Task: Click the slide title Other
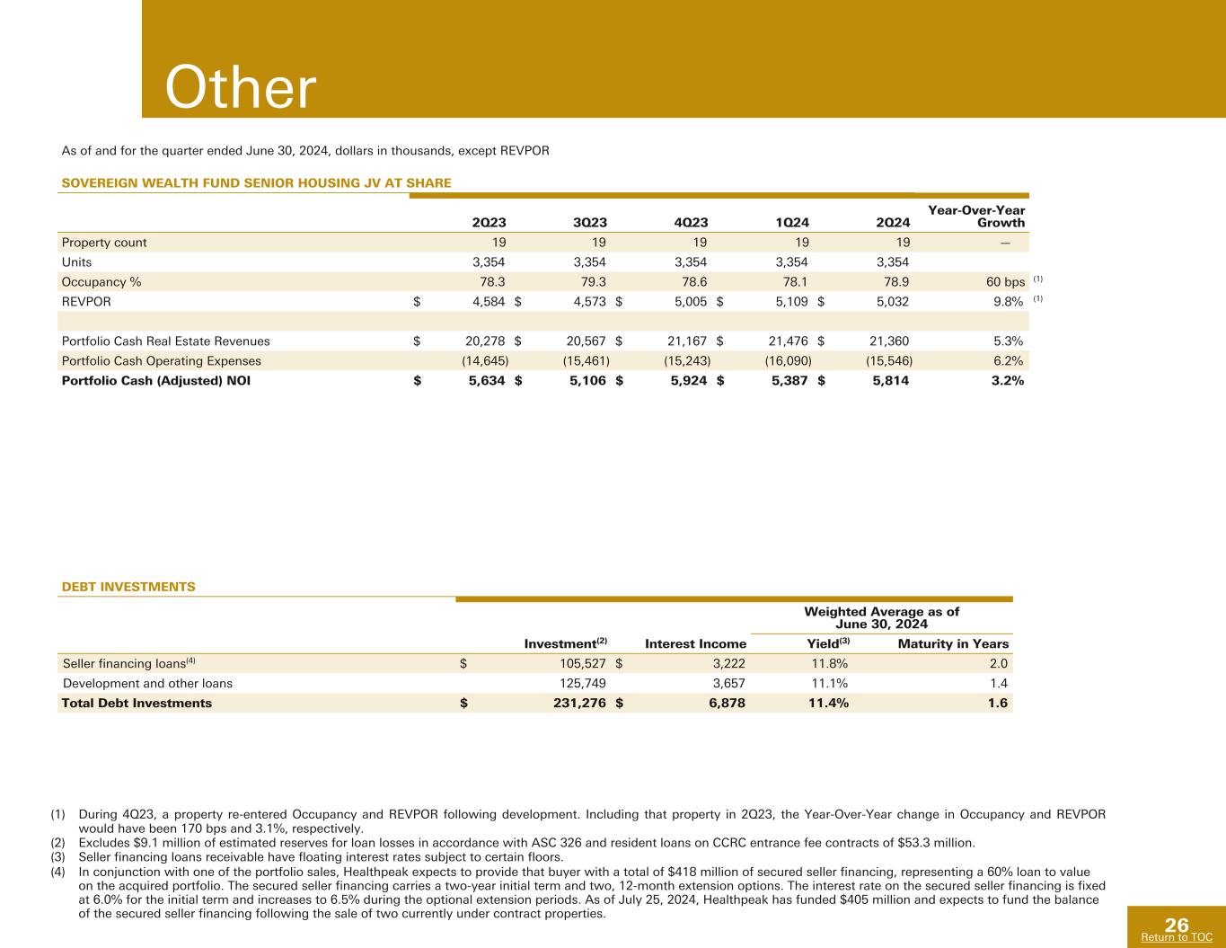click(x=241, y=89)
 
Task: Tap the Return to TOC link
click(x=1176, y=937)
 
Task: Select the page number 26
click(x=1177, y=925)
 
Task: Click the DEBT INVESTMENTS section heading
click(x=128, y=587)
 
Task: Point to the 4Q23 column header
click(x=691, y=223)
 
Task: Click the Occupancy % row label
click(x=101, y=281)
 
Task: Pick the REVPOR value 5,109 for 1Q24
click(x=791, y=302)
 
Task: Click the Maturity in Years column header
click(x=953, y=643)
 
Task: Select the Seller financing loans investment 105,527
click(x=575, y=664)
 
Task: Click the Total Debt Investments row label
click(x=137, y=703)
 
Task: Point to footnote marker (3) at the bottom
click(x=58, y=856)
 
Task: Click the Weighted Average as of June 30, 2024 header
click(x=881, y=617)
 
